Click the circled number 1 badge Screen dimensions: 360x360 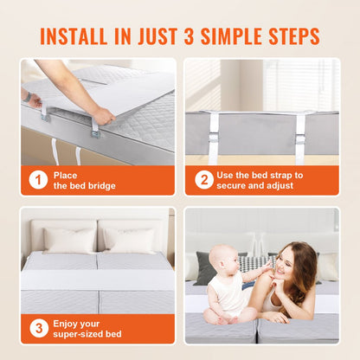point(38,180)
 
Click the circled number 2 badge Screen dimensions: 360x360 point(203,180)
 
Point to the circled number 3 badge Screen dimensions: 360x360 point(38,328)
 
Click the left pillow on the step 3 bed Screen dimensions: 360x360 point(69,240)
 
